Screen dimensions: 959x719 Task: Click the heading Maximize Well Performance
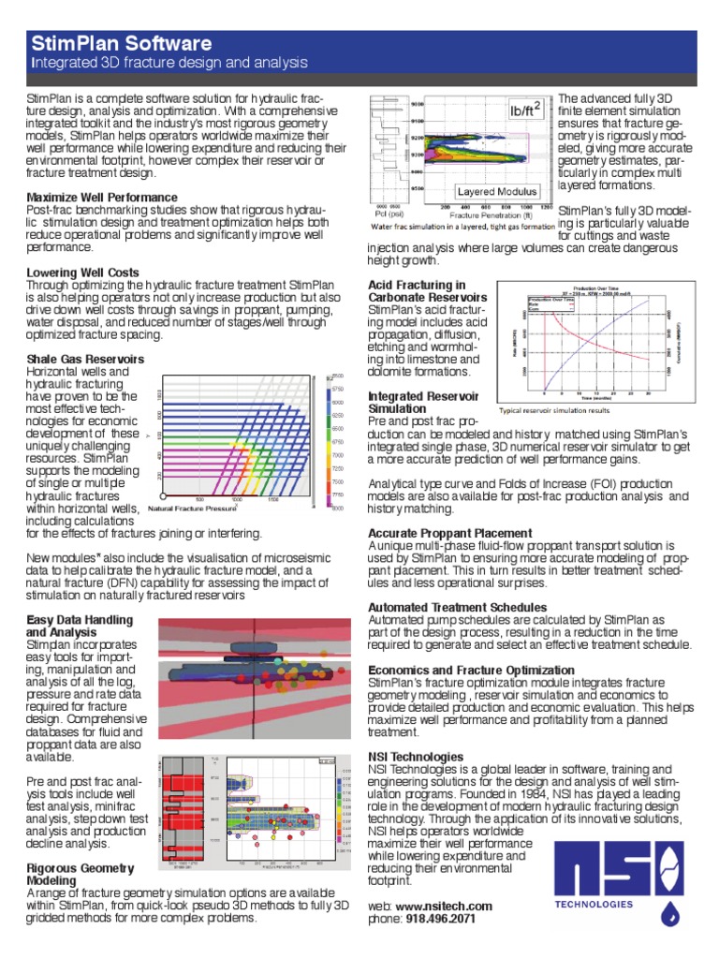point(102,198)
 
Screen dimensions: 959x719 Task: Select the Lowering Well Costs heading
point(83,273)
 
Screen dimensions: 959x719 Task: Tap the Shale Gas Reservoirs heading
point(85,359)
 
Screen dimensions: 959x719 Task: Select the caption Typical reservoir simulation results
point(556,410)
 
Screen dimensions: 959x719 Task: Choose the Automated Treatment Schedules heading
point(457,608)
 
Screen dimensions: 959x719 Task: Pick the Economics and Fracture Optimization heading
point(471,671)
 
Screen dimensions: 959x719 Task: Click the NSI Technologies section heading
point(416,756)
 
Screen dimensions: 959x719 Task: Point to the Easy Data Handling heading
point(80,621)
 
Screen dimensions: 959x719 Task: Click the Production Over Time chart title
point(598,288)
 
